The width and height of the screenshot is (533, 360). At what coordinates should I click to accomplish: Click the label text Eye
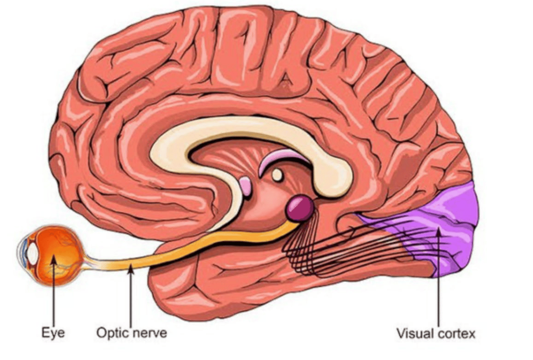53,332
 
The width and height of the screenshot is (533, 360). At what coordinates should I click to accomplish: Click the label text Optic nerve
132,332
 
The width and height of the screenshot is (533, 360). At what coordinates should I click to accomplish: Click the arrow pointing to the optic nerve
131,297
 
